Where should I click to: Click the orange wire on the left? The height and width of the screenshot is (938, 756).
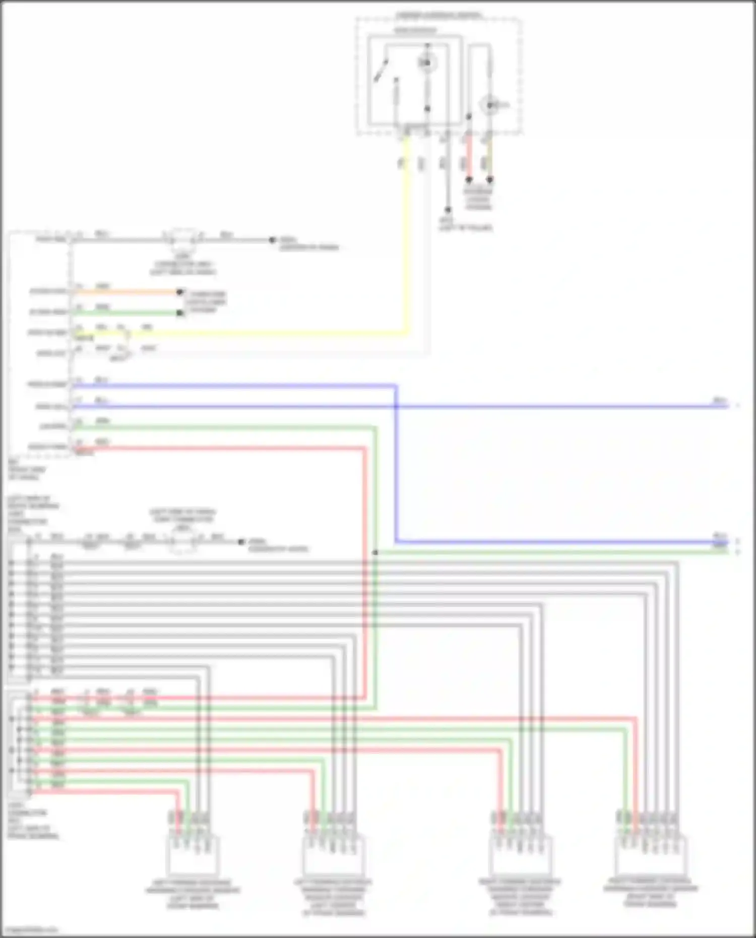(126, 292)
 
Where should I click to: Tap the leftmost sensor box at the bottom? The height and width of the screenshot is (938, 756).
(192, 855)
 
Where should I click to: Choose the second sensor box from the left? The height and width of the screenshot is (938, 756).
(333, 855)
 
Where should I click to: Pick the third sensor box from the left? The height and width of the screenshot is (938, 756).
(521, 855)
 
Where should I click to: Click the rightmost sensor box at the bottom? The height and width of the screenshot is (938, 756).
(650, 854)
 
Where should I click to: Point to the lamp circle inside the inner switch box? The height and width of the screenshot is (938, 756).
(427, 62)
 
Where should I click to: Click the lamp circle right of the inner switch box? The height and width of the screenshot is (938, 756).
(489, 105)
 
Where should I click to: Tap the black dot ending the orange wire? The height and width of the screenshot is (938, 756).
(179, 292)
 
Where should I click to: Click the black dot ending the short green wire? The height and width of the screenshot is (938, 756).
(179, 313)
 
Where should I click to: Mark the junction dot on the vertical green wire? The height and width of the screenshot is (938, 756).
(375, 552)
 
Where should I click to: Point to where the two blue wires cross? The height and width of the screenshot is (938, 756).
(396, 406)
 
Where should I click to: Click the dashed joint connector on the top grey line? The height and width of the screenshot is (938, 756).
(182, 239)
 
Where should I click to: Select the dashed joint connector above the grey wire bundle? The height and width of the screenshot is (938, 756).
(182, 542)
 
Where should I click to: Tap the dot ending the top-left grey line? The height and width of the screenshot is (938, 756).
(272, 240)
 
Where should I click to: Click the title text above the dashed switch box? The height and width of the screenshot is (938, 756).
(438, 16)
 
